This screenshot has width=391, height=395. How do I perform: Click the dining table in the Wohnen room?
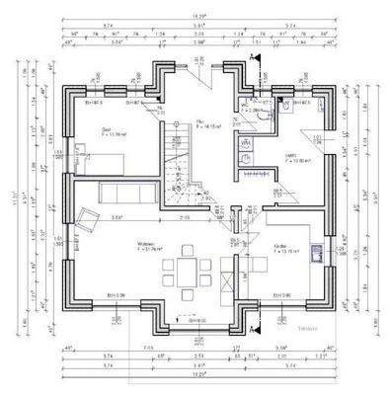tap(186, 270)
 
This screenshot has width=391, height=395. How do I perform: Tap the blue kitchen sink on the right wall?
tap(315, 254)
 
